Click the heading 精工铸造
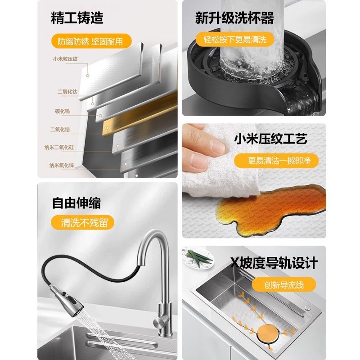(77, 18)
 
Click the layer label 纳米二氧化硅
(65, 147)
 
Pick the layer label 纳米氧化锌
(65, 165)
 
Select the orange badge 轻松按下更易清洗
(234, 40)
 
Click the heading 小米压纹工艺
(270, 139)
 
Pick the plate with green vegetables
(197, 258)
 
